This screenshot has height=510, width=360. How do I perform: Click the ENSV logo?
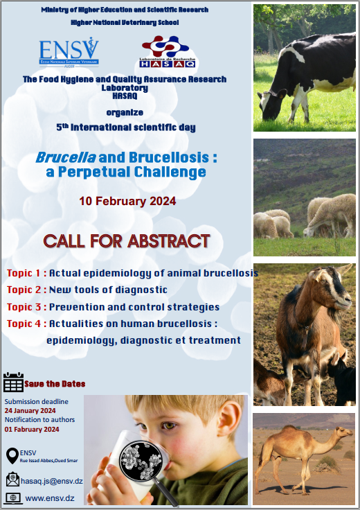pos(69,53)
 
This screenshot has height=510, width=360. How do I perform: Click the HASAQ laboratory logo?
pos(168,52)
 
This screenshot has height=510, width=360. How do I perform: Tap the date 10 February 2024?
pos(127,201)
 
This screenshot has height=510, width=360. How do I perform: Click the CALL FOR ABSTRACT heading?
pos(127,241)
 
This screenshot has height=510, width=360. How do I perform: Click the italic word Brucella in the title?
pos(66,157)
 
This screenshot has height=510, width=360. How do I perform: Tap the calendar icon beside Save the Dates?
pos(13,382)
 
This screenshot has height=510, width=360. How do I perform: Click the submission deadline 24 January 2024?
pos(30,411)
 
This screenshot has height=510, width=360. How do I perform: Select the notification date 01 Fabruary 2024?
pos(32,430)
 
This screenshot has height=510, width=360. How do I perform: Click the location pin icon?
pos(12,456)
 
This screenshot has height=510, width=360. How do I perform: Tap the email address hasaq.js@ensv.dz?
pos(52,481)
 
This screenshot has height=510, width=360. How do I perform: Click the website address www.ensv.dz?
pos(50,498)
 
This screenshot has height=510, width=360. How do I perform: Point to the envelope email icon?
pos(12,480)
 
